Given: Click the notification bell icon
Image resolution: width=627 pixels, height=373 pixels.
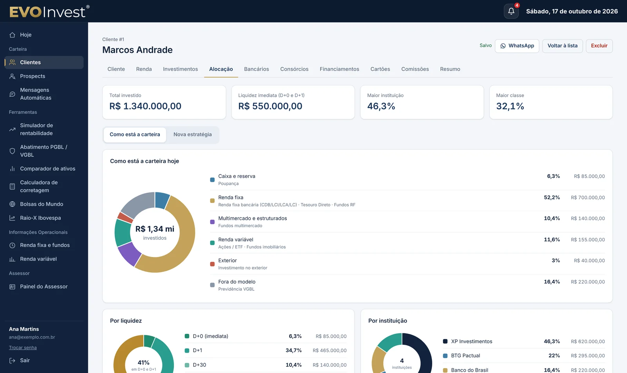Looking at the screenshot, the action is [511, 11].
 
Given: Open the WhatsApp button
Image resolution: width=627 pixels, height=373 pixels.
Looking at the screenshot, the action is [517, 46].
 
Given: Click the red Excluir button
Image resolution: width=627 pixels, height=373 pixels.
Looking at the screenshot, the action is [599, 46].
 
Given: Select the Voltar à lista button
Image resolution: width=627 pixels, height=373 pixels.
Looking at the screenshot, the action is [562, 46].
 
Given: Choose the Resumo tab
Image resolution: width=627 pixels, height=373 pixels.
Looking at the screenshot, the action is [450, 69].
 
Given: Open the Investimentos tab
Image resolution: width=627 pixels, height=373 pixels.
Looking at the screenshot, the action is [180, 69].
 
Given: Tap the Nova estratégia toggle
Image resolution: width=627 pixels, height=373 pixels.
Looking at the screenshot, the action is [192, 135].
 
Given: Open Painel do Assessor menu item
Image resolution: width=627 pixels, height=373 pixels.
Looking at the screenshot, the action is [44, 286].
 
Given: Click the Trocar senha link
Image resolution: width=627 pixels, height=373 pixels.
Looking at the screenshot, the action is [23, 348].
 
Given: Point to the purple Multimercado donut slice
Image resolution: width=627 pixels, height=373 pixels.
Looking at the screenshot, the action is [129, 254].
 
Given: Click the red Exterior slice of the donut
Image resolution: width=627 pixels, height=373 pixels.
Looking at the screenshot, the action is [125, 217].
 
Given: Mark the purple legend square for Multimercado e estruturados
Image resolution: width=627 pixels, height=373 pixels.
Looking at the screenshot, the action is [212, 222].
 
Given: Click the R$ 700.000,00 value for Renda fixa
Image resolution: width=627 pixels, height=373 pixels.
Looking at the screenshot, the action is [588, 197].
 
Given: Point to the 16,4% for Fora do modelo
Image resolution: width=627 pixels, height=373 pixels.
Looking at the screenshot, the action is [552, 282].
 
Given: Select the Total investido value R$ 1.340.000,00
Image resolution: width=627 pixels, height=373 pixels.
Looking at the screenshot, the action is [145, 106].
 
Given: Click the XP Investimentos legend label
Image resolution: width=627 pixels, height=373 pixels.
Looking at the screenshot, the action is [471, 341].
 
